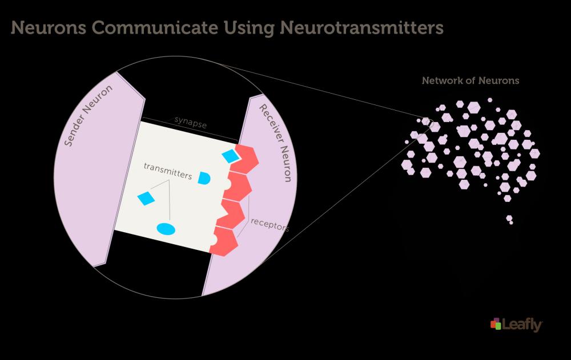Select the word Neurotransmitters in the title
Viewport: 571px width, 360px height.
click(361, 28)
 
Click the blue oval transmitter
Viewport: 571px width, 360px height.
click(166, 229)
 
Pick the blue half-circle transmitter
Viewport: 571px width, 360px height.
click(204, 178)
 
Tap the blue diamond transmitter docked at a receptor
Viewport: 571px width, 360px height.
click(230, 156)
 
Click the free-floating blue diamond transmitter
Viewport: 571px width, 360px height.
click(146, 198)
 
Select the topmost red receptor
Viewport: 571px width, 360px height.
click(244, 159)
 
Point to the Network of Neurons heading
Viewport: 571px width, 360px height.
click(471, 80)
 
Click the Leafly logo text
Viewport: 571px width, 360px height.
click(522, 325)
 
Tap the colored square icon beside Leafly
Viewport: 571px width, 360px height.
click(496, 323)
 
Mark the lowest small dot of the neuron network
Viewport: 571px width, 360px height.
click(511, 223)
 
